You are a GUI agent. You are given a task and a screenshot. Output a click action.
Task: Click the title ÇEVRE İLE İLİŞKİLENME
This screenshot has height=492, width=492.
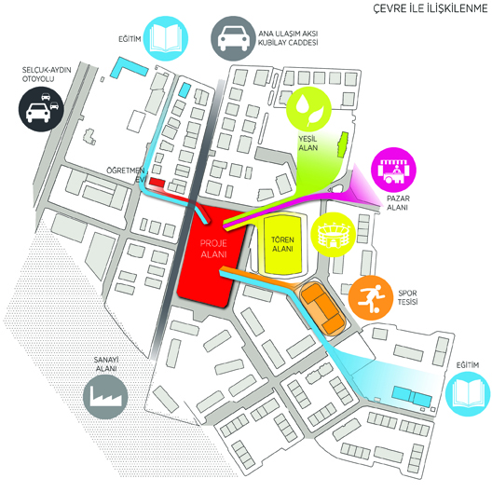click(x=430, y=7)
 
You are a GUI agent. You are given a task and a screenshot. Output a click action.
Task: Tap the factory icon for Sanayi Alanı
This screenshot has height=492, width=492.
click(x=105, y=397)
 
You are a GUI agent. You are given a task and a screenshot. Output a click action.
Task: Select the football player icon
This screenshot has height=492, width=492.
click(x=371, y=298)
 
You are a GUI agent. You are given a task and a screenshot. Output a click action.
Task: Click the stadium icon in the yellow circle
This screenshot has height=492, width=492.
click(x=333, y=235)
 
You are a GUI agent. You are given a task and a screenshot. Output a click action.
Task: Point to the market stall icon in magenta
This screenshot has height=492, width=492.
click(x=394, y=170)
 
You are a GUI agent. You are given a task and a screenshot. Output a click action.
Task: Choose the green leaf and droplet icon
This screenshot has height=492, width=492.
click(x=309, y=109)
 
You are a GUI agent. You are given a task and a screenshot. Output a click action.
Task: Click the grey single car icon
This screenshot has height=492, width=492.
click(x=233, y=38)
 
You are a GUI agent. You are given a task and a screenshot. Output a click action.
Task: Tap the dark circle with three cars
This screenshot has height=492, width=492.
click(x=41, y=109)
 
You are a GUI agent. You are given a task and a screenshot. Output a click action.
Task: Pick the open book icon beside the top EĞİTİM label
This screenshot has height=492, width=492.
click(x=165, y=38)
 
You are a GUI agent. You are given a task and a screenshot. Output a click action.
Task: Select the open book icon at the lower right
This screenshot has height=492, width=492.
click(x=468, y=394)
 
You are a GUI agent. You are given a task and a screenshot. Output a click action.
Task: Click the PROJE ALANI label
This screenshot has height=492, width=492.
click(x=213, y=249)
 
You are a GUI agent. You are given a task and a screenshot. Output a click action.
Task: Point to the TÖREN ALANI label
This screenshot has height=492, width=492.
click(x=282, y=244)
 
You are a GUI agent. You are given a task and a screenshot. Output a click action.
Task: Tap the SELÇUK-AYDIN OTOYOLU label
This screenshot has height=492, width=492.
click(x=47, y=75)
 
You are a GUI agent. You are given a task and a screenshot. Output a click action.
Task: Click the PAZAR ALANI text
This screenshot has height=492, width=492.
click(x=398, y=203)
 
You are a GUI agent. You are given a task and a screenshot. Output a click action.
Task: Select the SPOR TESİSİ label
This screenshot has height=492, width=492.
click(x=407, y=297)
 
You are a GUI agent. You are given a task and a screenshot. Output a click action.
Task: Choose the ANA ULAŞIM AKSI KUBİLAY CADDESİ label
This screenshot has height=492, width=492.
click(x=288, y=38)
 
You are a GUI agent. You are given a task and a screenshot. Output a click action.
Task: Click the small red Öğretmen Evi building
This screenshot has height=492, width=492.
click(x=157, y=183)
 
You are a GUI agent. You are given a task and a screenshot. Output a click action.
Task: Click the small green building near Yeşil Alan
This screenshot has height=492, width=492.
click(x=342, y=144)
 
